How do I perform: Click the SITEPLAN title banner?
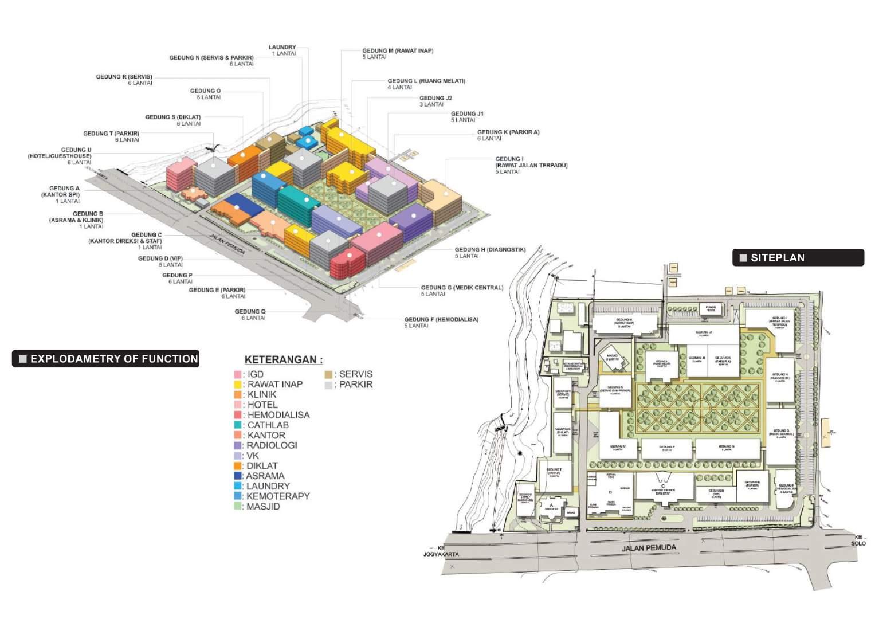[x=798, y=258]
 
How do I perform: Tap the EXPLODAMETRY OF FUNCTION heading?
[x=106, y=359]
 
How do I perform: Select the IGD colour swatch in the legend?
[x=238, y=374]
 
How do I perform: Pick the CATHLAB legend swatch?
[x=238, y=425]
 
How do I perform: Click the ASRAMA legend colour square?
[x=238, y=476]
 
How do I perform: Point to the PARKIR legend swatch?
[x=328, y=385]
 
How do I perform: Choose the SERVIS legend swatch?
[x=328, y=374]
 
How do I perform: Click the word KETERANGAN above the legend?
[x=283, y=360]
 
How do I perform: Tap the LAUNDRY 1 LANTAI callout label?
[x=282, y=50]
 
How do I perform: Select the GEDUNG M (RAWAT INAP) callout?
[x=397, y=54]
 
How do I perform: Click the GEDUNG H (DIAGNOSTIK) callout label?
[x=490, y=253]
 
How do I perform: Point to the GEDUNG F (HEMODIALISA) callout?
[x=441, y=322]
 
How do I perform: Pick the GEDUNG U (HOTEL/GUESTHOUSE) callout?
[x=60, y=156]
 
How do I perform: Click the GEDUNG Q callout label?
[x=250, y=315]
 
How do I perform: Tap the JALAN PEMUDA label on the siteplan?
[x=649, y=548]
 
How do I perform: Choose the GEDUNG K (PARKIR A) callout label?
[x=508, y=135]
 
